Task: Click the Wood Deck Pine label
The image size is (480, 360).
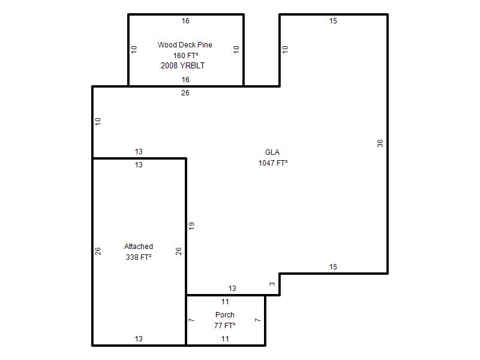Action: pos(185,44)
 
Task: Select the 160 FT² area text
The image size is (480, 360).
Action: pos(185,55)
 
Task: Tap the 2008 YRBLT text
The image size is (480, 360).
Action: pos(183,65)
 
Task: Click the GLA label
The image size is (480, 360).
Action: pos(272,152)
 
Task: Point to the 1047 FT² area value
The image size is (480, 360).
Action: pos(273,163)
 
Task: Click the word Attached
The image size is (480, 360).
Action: pos(139,247)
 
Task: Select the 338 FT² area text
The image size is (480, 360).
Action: pos(139,257)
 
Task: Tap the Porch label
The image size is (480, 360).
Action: pos(224,314)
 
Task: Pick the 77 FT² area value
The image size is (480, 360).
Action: pos(224,325)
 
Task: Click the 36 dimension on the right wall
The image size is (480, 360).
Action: pos(380,143)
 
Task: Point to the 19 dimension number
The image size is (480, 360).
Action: pos(191,226)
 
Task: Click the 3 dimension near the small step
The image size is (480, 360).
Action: pos(272,284)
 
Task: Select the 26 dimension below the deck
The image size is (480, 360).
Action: pos(185,93)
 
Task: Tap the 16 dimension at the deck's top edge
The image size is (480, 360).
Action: pos(185,21)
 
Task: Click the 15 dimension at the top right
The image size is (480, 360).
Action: pos(333,21)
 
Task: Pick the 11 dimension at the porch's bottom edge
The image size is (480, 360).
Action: pos(225,339)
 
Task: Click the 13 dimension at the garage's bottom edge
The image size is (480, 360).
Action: pos(139,339)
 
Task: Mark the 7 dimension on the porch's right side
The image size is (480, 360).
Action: pos(257,320)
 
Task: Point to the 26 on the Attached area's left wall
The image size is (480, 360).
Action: pos(98,251)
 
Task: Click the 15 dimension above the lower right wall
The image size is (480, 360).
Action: pos(333,267)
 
